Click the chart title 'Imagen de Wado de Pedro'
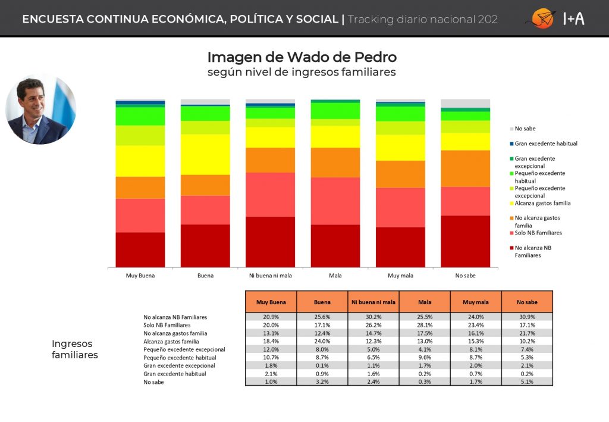tap(302, 57)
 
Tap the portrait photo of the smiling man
tap(41, 109)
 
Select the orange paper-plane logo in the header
tap(542, 18)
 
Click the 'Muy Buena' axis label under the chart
tap(140, 276)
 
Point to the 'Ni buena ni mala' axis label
tap(271, 276)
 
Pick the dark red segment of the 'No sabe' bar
tap(465, 241)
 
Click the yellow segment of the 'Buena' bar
tap(205, 154)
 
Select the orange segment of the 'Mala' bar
tap(335, 162)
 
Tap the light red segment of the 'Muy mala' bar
tap(400, 208)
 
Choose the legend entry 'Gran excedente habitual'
tap(544, 144)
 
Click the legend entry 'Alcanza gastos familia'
tap(540, 203)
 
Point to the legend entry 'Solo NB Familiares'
tap(536, 233)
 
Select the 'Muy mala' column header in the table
tap(476, 302)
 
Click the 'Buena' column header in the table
tap(322, 302)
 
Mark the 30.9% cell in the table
tap(527, 317)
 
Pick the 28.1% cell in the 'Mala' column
tap(425, 325)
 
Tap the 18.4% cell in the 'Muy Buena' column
tap(271, 341)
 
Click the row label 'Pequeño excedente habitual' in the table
tap(180, 358)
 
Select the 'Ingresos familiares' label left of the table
tap(74, 349)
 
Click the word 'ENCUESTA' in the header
tap(53, 19)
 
